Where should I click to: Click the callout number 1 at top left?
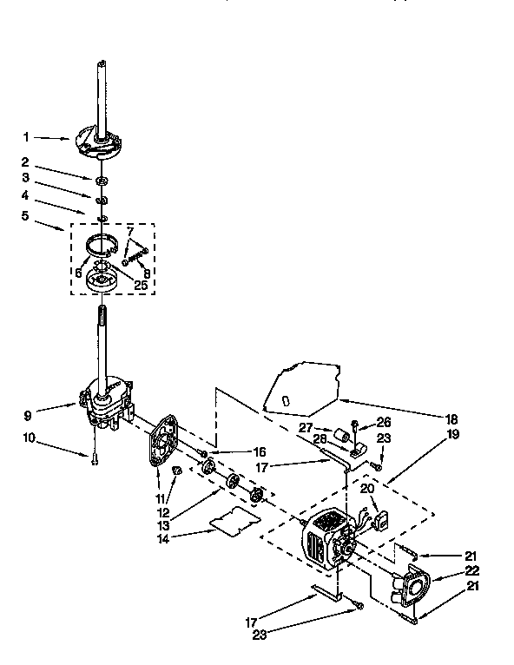pos(26,136)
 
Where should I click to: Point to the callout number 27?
pos(306,427)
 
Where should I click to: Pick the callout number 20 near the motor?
pos(366,489)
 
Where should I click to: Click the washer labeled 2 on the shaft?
pos(102,180)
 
